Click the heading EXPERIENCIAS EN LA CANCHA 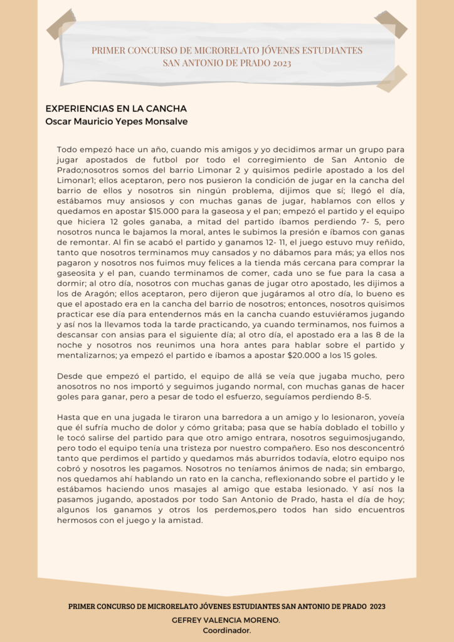tap(116, 108)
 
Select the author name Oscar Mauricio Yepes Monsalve tap(116, 121)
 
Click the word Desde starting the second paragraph tap(71, 376)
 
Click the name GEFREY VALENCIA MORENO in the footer tap(226, 619)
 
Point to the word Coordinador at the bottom tap(226, 630)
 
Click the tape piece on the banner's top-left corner tap(61, 24)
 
